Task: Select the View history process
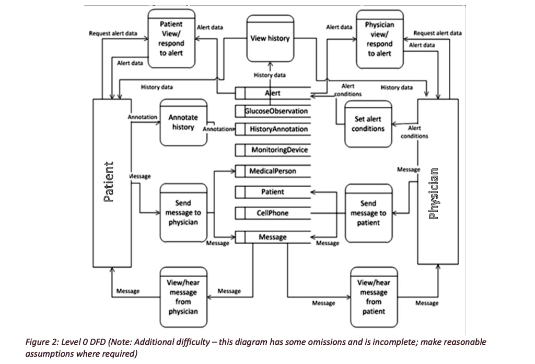click(270, 38)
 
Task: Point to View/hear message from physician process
click(182, 297)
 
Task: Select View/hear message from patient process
click(374, 297)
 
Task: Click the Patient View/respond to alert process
click(171, 38)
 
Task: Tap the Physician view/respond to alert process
click(379, 38)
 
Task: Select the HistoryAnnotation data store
click(278, 129)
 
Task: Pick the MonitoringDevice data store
click(280, 150)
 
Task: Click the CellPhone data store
click(272, 213)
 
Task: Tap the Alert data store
click(272, 93)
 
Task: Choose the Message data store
click(272, 237)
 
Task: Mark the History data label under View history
click(270, 75)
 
